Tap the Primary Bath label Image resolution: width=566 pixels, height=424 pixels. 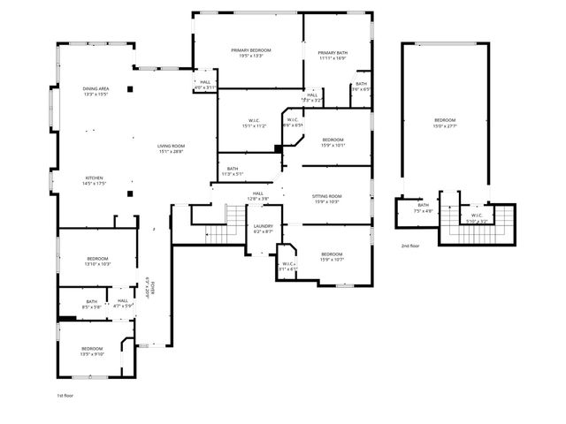[x=333, y=53]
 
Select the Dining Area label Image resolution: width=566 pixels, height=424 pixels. [x=96, y=88]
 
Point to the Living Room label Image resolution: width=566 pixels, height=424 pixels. [x=171, y=146]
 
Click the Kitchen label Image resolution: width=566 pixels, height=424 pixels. [x=95, y=178]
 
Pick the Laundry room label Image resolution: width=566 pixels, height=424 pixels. [x=263, y=226]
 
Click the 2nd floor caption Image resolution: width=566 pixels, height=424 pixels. [x=410, y=246]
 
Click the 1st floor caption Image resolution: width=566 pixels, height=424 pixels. [x=65, y=395]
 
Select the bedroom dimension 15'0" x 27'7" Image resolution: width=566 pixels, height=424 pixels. [x=445, y=125]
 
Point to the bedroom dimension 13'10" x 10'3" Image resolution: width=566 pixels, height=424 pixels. [x=96, y=264]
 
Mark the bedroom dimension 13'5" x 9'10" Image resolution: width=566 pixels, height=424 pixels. [x=92, y=354]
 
